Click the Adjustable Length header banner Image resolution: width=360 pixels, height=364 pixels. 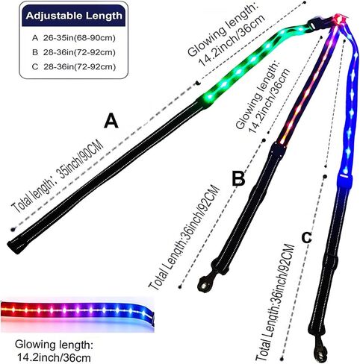pos(74,16)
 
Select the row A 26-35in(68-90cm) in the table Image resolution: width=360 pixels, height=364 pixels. pos(74,38)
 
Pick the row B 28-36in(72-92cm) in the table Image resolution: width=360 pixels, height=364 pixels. pos(74,52)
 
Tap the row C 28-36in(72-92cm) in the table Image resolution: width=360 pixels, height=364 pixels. pos(74,67)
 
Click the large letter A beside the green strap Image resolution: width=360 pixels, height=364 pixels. pos(111,120)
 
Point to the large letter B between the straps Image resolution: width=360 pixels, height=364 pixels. pos(238,178)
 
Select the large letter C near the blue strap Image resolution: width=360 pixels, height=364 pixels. pos(306,238)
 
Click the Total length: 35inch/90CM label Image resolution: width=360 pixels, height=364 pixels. pos(58,177)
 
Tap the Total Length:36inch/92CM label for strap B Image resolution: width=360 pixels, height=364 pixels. pos(184,237)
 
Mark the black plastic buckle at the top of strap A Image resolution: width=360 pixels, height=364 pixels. pos(315,23)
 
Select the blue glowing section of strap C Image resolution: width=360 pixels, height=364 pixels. pos(349,107)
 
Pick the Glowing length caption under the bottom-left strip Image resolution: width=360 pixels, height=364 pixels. pos(54,351)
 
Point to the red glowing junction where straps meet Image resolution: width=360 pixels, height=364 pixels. pos(339,19)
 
